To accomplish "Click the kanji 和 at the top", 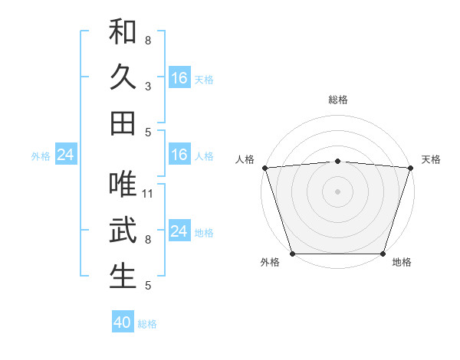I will click(x=123, y=33).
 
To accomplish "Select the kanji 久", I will click(x=123, y=77).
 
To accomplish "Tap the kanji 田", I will click(x=123, y=123).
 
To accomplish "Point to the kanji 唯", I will click(x=123, y=185).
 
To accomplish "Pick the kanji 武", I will click(x=123, y=231).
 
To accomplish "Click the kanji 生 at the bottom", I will click(x=123, y=276).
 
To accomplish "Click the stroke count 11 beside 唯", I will click(x=149, y=193).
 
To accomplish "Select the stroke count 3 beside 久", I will click(x=148, y=87).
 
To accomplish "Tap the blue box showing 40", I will click(x=123, y=322).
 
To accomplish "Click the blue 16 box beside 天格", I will click(x=179, y=77).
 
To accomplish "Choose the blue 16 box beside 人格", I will click(x=179, y=155).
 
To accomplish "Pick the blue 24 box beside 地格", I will click(x=179, y=231).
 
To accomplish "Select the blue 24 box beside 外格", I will click(x=66, y=155).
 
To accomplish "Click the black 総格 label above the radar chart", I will click(x=338, y=100).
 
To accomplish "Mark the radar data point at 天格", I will click(x=410, y=168).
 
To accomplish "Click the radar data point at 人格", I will click(x=264, y=168).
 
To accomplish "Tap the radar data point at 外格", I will click(x=293, y=254).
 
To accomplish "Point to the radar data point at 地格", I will click(x=383, y=254).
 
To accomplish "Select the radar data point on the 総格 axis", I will click(x=337, y=161).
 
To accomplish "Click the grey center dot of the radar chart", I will click(x=337, y=191).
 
